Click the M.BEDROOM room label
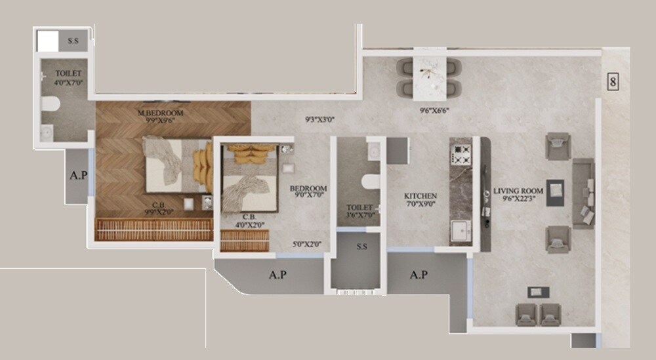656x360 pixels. [161, 113]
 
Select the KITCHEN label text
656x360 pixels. [420, 196]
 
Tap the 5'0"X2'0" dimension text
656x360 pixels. [307, 245]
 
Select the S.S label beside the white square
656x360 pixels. [73, 41]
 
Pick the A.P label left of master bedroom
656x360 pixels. [77, 176]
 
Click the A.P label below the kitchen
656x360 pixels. [419, 274]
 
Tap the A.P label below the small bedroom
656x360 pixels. [277, 275]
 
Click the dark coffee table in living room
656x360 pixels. [555, 191]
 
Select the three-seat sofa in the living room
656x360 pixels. [583, 193]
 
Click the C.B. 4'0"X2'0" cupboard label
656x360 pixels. [249, 220]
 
